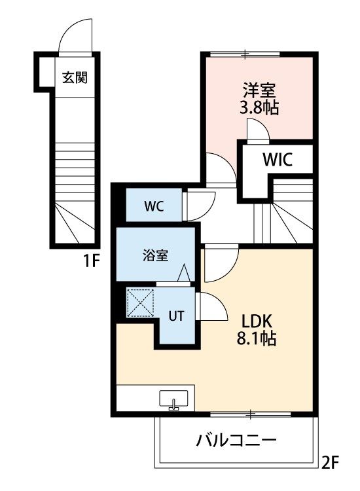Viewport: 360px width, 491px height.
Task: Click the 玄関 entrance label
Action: pos(75,77)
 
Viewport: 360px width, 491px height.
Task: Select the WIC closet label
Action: pos(278,159)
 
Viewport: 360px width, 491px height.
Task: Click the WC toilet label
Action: pos(153,206)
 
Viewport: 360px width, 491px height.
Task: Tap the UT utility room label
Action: pos(176,316)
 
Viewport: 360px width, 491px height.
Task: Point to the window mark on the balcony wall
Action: pos(251,414)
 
